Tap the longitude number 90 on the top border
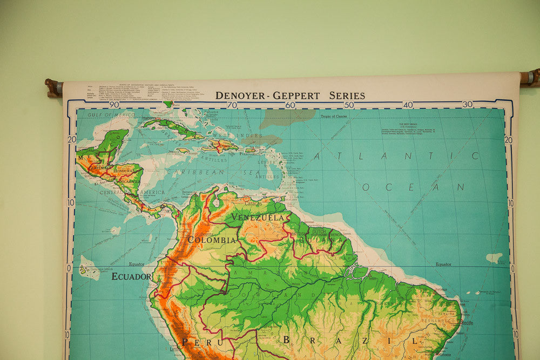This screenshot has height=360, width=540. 114,105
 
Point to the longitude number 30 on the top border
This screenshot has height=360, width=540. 467,104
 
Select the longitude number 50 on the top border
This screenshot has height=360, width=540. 349,105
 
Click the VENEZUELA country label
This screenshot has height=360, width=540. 258,217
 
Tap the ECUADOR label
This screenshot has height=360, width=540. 131,276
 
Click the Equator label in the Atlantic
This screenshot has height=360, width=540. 443,264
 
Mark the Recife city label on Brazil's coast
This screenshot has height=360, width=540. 467,322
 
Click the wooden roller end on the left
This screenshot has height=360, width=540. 53,87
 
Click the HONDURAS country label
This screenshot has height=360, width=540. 124,170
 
